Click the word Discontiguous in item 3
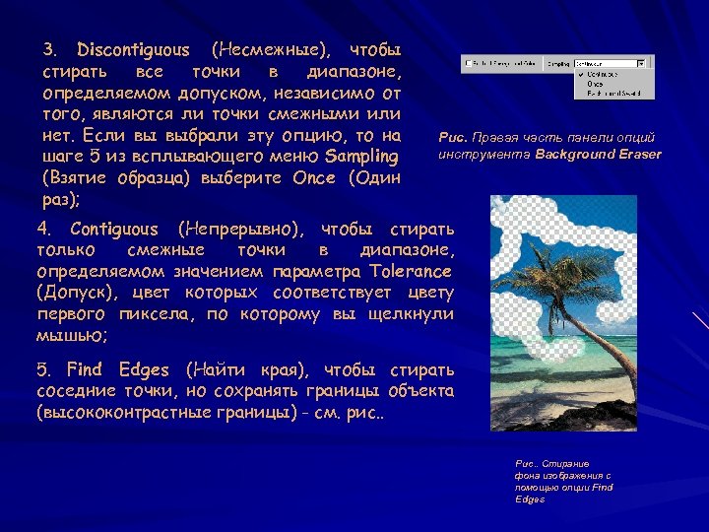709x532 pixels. click(x=133, y=49)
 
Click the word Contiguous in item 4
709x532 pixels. click(x=110, y=230)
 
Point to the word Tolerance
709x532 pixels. click(x=411, y=272)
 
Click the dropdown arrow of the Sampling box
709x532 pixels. click(x=642, y=62)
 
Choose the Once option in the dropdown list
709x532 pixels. click(x=596, y=84)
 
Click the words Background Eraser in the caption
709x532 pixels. click(x=599, y=154)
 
